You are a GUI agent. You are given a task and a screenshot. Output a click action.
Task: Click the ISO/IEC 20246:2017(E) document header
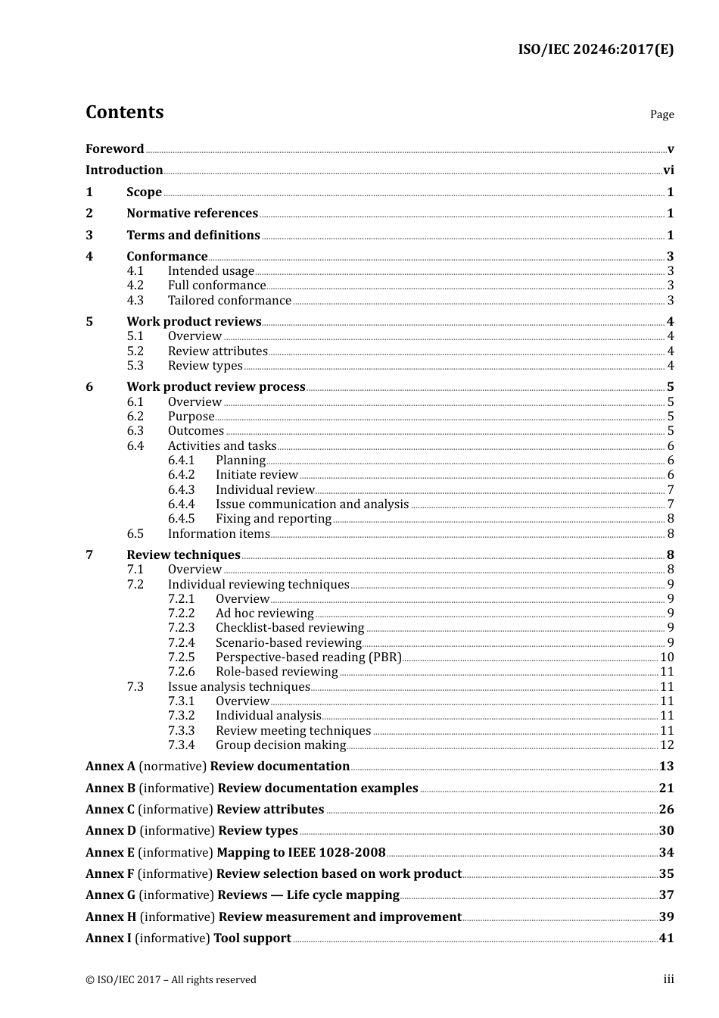click(596, 50)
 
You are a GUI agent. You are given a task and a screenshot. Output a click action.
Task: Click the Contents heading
click(124, 112)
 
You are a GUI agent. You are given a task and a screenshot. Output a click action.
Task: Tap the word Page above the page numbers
click(661, 114)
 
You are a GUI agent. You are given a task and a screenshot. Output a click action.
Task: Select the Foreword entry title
click(114, 149)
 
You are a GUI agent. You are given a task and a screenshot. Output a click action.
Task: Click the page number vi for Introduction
click(668, 170)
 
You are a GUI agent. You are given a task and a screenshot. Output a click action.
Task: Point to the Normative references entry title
click(192, 214)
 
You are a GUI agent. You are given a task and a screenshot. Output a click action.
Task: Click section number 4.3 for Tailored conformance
click(135, 301)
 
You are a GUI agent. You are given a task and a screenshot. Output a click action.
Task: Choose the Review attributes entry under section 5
click(217, 351)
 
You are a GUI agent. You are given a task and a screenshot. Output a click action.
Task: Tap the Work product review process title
click(216, 387)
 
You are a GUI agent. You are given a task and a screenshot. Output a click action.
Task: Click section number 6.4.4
click(181, 504)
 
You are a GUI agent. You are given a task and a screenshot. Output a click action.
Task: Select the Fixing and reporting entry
click(273, 519)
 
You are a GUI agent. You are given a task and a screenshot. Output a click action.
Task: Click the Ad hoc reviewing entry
click(264, 614)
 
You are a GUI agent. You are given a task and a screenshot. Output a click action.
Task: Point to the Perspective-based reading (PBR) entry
click(308, 657)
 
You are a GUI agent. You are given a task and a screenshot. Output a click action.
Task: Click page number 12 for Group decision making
click(667, 745)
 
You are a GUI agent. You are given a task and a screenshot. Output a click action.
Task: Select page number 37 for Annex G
click(666, 895)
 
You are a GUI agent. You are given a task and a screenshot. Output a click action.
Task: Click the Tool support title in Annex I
click(252, 938)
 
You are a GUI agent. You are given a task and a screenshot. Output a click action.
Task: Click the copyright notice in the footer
click(171, 980)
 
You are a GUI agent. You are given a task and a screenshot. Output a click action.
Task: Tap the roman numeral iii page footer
click(668, 979)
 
